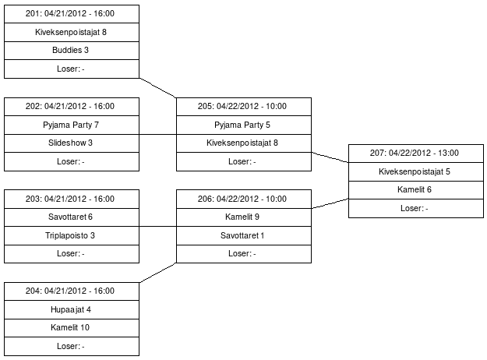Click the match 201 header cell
(72, 13)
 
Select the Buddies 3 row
(72, 51)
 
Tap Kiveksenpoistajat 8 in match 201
(72, 32)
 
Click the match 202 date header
(72, 106)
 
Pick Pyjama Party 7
(72, 125)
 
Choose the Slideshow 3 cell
(72, 143)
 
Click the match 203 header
(72, 199)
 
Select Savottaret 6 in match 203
(72, 217)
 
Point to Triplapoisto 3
(72, 235)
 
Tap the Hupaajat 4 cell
(72, 309)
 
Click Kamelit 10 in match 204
(72, 328)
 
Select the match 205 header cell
(244, 106)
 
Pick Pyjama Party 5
(244, 125)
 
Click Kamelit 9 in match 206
(244, 217)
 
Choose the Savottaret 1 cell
(244, 235)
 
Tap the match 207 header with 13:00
(415, 153)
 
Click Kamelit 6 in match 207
(415, 190)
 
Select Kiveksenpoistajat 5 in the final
(415, 171)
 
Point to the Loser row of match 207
(415, 208)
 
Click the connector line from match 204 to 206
(158, 273)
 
